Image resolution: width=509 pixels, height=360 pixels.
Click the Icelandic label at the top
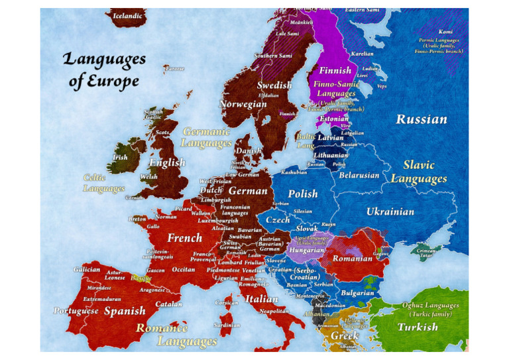click(127, 15)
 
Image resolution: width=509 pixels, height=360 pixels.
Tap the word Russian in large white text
click(421, 120)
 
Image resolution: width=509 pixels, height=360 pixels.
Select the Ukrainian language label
click(390, 212)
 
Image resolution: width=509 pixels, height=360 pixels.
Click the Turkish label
click(418, 327)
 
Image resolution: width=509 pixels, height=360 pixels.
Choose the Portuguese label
click(76, 311)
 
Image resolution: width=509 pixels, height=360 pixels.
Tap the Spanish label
click(125, 311)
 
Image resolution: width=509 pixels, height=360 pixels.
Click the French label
click(184, 238)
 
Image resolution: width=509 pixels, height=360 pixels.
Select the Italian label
click(261, 300)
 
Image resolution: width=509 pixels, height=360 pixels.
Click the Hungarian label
click(306, 251)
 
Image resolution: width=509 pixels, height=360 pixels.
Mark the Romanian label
click(353, 259)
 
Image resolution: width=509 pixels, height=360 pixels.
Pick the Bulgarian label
click(358, 293)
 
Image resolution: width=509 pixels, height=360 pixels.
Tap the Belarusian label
click(359, 176)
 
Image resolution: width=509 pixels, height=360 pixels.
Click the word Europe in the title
click(115, 82)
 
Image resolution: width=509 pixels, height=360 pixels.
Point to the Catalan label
click(168, 304)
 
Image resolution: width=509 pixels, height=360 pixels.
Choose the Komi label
click(446, 32)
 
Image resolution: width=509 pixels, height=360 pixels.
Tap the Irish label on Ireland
click(120, 158)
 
